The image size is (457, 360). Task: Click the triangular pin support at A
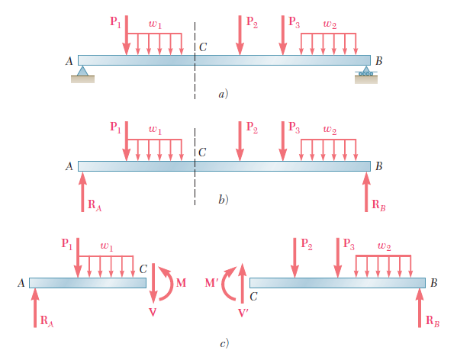tap(82, 71)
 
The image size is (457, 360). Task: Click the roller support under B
tap(366, 72)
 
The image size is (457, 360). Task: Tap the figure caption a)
tap(224, 94)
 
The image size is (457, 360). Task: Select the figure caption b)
tap(224, 200)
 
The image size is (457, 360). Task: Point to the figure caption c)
tap(224, 344)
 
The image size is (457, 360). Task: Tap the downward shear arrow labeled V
tap(153, 283)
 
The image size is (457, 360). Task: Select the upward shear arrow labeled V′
tap(242, 283)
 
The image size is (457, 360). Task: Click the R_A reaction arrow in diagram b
tap(82, 192)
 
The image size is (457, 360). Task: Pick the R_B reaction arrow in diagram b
tap(366, 192)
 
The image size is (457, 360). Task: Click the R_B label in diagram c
tap(433, 321)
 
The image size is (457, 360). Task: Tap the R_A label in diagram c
tap(47, 321)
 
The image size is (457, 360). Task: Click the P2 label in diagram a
tap(252, 22)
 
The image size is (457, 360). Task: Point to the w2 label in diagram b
tap(330, 129)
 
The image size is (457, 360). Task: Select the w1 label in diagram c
tap(107, 246)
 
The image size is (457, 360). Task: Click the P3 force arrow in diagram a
tap(283, 35)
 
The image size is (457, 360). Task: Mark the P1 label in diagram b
tap(115, 127)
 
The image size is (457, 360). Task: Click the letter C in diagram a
tap(203, 47)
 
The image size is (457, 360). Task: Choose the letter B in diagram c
tap(434, 283)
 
